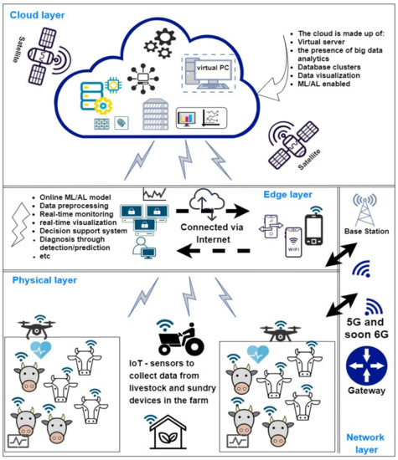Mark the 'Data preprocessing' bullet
[x=72, y=206]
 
